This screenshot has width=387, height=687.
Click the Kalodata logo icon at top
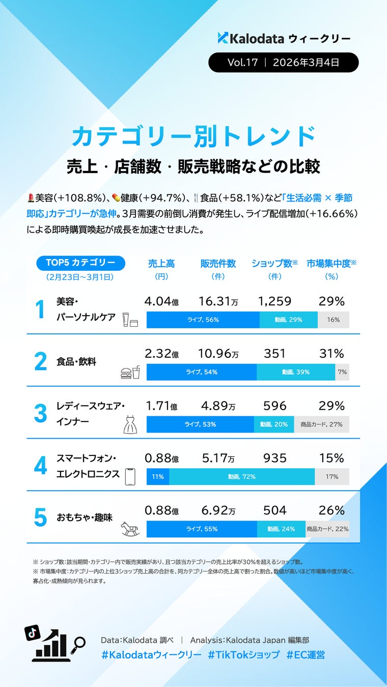(223, 37)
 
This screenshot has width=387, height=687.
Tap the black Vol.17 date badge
(283, 63)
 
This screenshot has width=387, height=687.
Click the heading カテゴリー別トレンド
(193, 136)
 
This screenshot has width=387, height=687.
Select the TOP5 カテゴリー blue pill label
(80, 263)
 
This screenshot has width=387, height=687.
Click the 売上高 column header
(161, 264)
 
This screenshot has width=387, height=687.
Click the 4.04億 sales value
(161, 301)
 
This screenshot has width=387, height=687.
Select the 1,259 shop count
(275, 301)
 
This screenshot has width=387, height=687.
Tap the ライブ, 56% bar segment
(203, 320)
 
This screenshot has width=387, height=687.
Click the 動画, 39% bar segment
(296, 372)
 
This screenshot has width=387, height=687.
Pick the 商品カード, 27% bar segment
(321, 424)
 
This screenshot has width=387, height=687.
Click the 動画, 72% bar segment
(242, 477)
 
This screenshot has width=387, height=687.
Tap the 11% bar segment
(158, 477)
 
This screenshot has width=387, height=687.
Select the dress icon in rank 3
(130, 423)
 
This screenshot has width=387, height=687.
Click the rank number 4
(41, 466)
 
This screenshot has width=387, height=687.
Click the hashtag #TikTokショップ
(243, 654)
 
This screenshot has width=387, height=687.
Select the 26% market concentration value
(331, 510)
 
